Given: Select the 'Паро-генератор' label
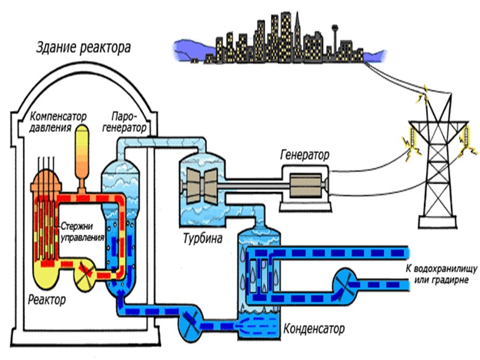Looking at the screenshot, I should [x=129, y=122].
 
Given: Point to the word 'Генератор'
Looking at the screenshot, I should [x=305, y=154].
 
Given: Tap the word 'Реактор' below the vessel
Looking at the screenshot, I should [x=46, y=298].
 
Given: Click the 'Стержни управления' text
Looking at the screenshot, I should [x=83, y=232].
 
